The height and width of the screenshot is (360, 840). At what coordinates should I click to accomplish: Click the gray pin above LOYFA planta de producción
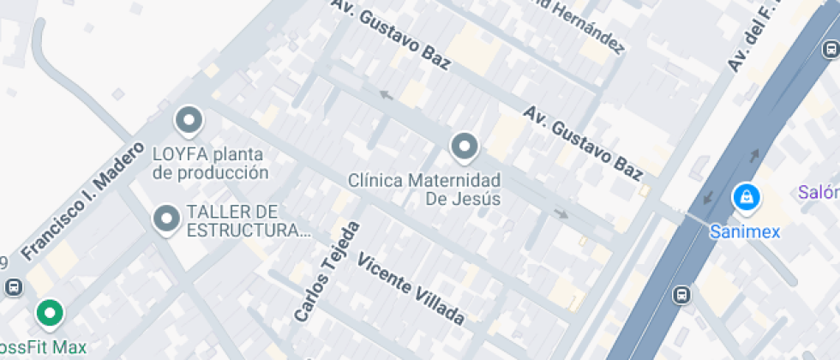tap(189, 121)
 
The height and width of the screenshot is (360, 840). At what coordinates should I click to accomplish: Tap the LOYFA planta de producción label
tap(210, 164)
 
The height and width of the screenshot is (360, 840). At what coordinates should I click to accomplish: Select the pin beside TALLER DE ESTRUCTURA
tap(165, 219)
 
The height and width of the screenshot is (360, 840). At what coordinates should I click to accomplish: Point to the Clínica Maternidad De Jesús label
tap(424, 189)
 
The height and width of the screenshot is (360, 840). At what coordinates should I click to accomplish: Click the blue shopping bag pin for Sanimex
tap(747, 197)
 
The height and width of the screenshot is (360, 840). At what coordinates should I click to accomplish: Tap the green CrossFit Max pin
tap(50, 313)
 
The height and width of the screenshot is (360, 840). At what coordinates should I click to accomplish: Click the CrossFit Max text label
tap(43, 348)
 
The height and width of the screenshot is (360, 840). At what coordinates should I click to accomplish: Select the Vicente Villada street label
tap(411, 290)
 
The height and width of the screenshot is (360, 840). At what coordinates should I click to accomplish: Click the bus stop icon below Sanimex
tap(681, 294)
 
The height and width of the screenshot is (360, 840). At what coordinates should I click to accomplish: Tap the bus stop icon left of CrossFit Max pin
tap(12, 287)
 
